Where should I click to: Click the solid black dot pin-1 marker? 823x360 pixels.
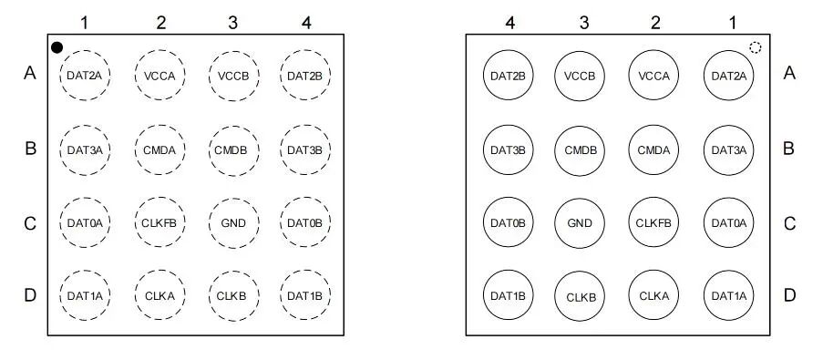(57, 47)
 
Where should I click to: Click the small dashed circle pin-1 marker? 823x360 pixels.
(756, 47)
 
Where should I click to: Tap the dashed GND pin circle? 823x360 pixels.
(233, 223)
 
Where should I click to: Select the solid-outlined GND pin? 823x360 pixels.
(580, 223)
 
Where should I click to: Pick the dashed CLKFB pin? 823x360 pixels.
(160, 222)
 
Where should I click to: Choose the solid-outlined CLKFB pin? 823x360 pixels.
(653, 222)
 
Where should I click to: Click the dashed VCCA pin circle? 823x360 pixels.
(160, 75)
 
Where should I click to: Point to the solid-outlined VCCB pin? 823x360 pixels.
(580, 75)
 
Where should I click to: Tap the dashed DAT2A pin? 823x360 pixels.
(85, 75)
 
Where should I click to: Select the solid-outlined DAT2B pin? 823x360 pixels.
(508, 75)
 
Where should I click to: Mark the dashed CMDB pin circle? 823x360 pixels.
(233, 149)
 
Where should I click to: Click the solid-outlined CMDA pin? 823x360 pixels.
(653, 149)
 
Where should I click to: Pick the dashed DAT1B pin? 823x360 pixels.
(305, 295)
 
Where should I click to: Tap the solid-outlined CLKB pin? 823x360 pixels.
(580, 296)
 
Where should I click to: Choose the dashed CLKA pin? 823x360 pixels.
(160, 295)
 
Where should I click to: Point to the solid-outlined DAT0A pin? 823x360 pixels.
(729, 222)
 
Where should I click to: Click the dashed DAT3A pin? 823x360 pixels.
(85, 149)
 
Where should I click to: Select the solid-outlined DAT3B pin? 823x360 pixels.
(508, 149)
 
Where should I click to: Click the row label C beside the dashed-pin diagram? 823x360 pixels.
(30, 223)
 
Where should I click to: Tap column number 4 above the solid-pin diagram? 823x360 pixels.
(509, 23)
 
